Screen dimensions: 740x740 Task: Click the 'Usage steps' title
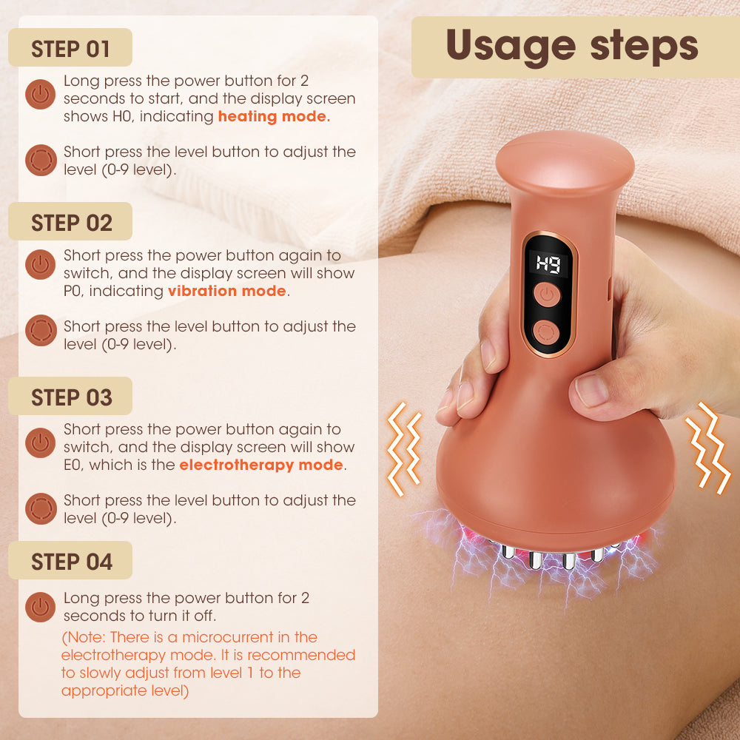[x=572, y=46]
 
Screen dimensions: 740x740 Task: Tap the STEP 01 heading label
[x=70, y=49]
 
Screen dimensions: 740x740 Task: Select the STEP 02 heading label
[x=71, y=223]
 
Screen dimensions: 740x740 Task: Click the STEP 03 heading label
[x=71, y=397]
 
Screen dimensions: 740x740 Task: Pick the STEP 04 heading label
[x=71, y=562]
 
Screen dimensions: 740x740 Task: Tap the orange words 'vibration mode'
[x=226, y=291]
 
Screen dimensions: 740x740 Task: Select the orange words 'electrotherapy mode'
[x=261, y=465]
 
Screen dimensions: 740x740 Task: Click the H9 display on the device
[x=548, y=264]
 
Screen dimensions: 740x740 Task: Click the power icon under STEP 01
[x=41, y=95]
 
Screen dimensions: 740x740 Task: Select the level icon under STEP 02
[x=41, y=331]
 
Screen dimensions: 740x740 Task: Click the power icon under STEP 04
[x=41, y=607]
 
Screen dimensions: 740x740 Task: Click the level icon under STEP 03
[x=41, y=509]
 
